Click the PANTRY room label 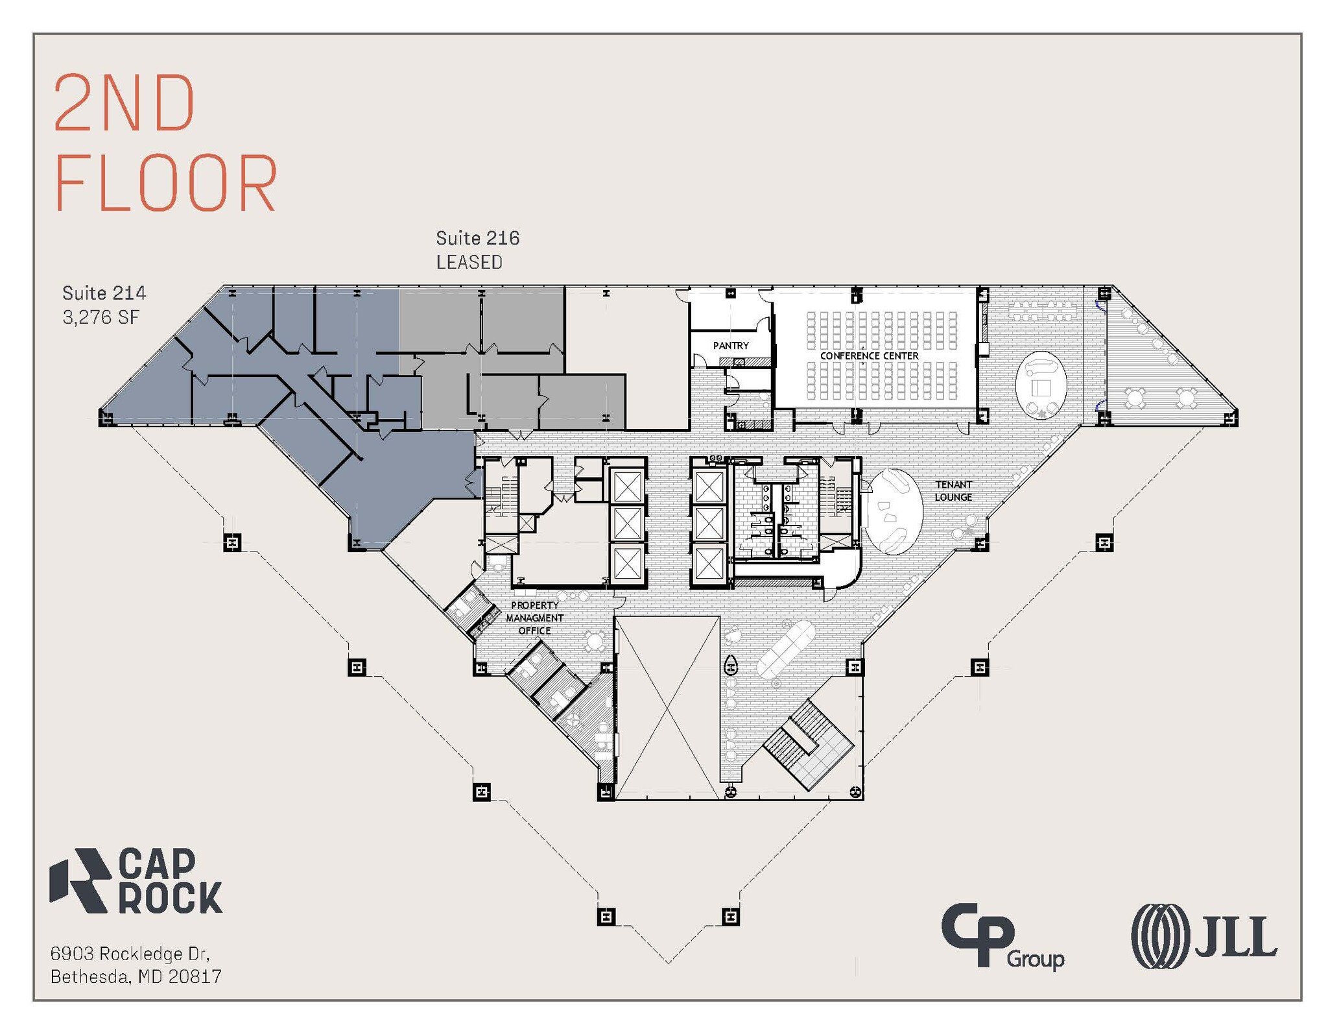[731, 346]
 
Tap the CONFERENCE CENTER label [869, 356]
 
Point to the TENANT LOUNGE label [953, 490]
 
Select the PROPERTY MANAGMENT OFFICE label [534, 618]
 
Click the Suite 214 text [104, 293]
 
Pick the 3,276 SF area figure [101, 317]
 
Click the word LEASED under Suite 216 [469, 262]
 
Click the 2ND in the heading [124, 103]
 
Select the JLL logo [1204, 936]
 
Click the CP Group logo [1002, 936]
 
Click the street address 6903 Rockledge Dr [130, 954]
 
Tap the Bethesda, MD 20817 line [136, 976]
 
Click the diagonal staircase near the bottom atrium [808, 745]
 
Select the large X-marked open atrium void [667, 707]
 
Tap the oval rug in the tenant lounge [893, 511]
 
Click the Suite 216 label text [478, 238]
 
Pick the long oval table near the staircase [785, 649]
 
